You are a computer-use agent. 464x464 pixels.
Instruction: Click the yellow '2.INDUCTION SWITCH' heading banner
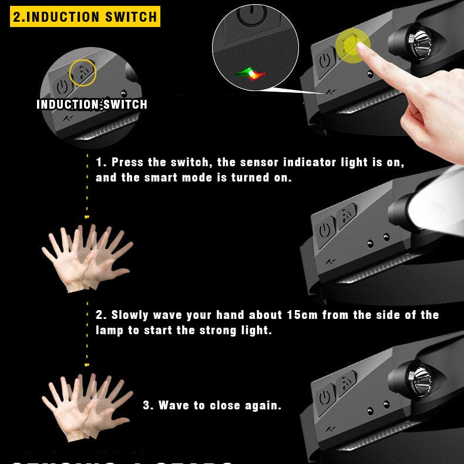click(x=85, y=16)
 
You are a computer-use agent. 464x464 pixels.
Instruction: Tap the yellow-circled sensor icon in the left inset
click(x=83, y=73)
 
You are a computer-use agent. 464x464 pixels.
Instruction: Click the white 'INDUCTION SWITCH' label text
click(x=92, y=105)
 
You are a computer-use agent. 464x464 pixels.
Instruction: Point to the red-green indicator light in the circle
click(x=250, y=74)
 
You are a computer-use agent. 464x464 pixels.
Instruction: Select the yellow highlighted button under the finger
click(x=351, y=46)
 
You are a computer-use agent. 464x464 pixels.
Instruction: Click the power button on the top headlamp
click(x=324, y=60)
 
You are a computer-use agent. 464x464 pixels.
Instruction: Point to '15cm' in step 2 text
click(x=302, y=315)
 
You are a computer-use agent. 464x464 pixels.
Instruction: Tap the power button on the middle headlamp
click(x=325, y=230)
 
